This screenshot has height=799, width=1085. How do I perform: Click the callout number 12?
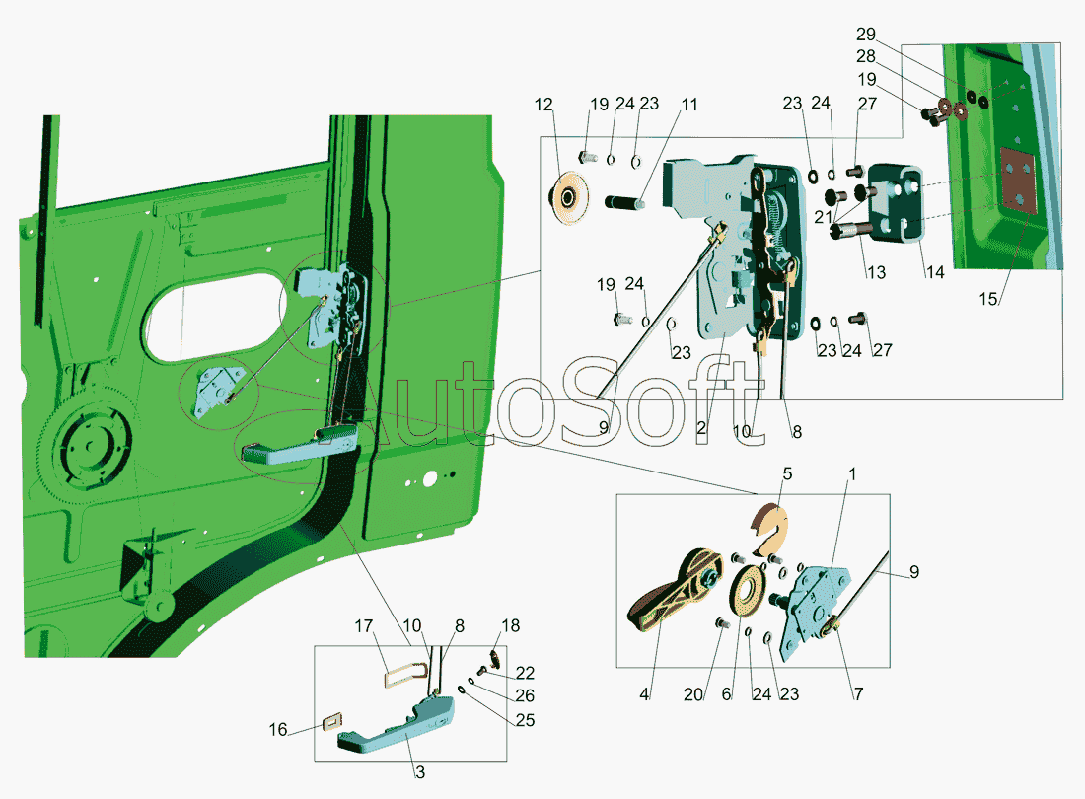click(543, 105)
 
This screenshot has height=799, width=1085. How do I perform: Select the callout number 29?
click(866, 34)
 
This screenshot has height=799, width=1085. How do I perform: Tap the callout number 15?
click(988, 299)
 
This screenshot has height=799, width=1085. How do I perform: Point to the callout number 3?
click(420, 772)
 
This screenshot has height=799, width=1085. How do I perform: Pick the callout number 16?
click(277, 730)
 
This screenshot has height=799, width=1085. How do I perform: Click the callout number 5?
click(787, 473)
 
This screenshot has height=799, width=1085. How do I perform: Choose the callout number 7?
click(858, 693)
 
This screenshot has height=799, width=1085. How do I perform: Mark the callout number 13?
click(876, 272)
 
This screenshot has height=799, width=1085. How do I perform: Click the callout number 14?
click(935, 272)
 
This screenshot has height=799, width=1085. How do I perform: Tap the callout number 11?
click(689, 105)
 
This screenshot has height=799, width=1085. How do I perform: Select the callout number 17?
click(363, 626)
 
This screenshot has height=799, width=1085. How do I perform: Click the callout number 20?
click(693, 694)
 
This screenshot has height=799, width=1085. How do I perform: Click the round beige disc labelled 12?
click(569, 198)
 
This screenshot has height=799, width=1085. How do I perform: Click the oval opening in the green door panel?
click(214, 317)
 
